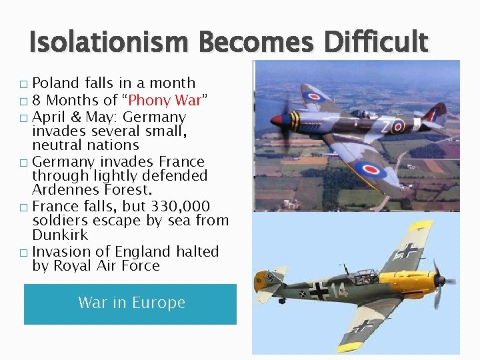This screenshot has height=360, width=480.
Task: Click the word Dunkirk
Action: tap(60, 235)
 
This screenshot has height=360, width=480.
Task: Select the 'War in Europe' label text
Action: tap(131, 303)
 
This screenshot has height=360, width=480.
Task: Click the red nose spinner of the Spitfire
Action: tap(276, 121)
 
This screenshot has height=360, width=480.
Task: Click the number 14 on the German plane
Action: tap(339, 291)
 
